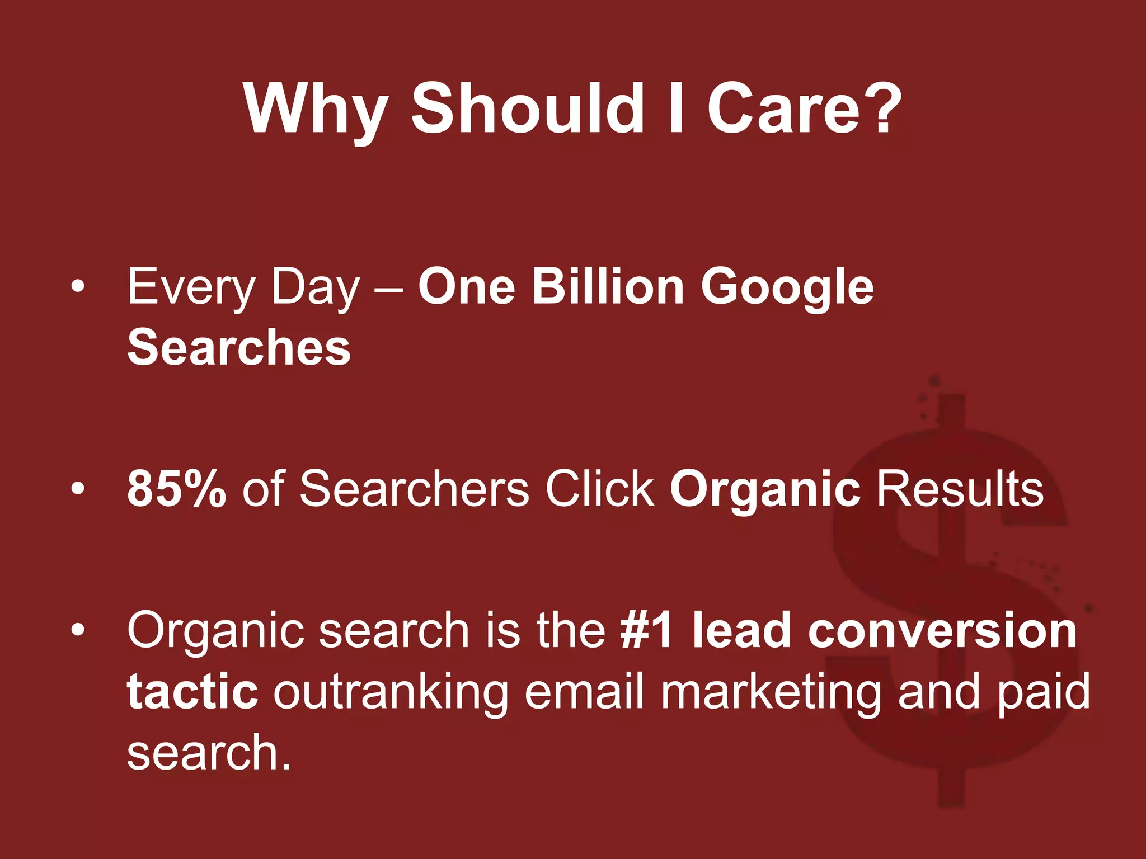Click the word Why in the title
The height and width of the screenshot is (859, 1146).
(x=316, y=109)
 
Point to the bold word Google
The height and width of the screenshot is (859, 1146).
(x=787, y=288)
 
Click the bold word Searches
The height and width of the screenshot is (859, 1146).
(x=239, y=348)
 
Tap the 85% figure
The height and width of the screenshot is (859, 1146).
(x=177, y=488)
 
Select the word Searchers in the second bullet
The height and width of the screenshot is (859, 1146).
(x=414, y=488)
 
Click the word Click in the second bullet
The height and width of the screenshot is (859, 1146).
(x=600, y=488)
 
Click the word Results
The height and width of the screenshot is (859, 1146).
(x=960, y=488)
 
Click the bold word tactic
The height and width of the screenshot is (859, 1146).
(x=192, y=691)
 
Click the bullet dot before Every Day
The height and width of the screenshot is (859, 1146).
(x=78, y=287)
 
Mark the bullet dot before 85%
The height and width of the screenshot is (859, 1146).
(x=78, y=489)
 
